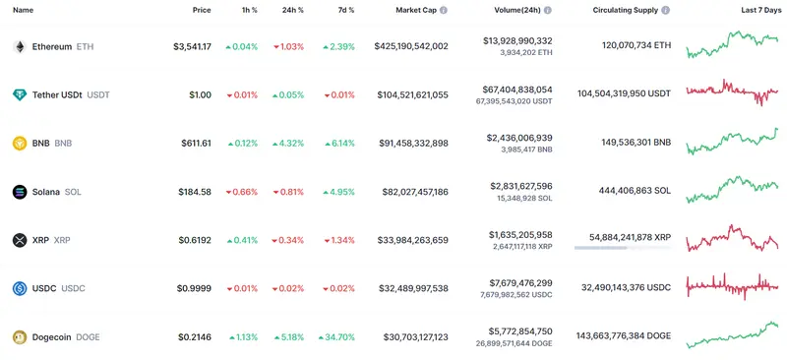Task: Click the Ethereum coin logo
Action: tap(19, 46)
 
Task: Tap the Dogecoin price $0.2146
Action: tap(195, 336)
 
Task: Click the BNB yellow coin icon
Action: tap(19, 143)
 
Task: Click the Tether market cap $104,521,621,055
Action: tap(409, 94)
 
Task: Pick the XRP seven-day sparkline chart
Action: tap(732, 239)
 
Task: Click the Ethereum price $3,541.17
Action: tap(192, 46)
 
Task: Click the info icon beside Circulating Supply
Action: tap(667, 10)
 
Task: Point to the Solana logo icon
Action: tap(19, 191)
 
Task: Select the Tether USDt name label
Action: tap(57, 94)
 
